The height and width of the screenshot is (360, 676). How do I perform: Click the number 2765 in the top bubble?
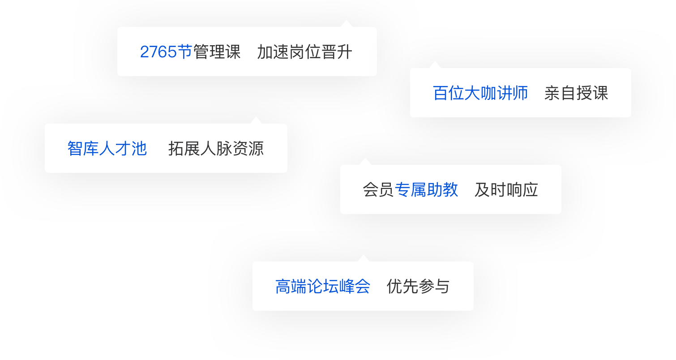click(x=159, y=52)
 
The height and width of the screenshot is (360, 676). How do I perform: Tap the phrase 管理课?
click(x=217, y=52)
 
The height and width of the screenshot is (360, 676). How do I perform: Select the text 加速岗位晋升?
click(x=304, y=52)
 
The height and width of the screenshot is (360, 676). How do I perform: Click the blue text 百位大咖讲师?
click(x=480, y=93)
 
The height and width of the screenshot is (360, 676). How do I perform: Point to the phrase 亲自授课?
click(x=576, y=93)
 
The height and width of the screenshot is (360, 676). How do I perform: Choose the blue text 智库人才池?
click(x=107, y=149)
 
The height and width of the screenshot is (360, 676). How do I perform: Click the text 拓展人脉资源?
click(x=216, y=149)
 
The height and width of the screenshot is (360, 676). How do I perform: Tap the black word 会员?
click(x=378, y=190)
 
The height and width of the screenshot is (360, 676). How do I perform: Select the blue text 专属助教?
click(x=427, y=190)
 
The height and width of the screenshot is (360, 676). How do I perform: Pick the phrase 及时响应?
click(x=506, y=190)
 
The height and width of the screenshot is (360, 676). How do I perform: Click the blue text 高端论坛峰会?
click(x=322, y=287)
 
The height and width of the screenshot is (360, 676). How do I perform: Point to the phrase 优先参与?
click(x=418, y=287)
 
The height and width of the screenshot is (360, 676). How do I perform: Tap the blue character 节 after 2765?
click(x=185, y=52)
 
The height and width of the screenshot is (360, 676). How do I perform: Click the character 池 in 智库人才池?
click(x=139, y=149)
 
